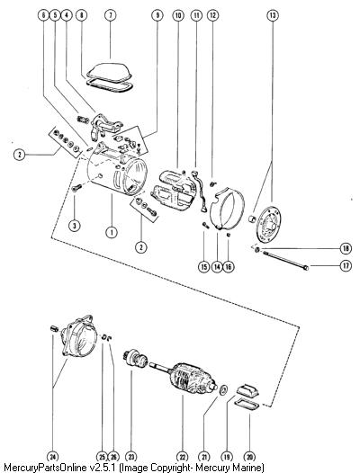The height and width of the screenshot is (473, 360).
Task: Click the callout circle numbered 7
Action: [x=110, y=14]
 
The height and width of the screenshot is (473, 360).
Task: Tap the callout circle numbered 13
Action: [x=273, y=14]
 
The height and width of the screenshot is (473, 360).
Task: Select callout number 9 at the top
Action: [x=157, y=14]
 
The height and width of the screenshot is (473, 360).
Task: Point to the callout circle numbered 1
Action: [x=112, y=232]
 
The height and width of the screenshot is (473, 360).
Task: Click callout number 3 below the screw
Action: [x=75, y=225]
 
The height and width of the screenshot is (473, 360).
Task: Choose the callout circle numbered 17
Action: [x=346, y=266]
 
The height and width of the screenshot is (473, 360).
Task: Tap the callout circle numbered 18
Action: [x=346, y=248]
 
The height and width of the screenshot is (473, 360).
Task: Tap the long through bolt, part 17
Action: [x=285, y=260]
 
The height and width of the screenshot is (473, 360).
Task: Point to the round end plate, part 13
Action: [x=268, y=225]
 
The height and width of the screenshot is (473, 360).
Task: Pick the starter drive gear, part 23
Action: [x=136, y=358]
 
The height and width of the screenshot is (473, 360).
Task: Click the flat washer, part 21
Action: [x=224, y=389]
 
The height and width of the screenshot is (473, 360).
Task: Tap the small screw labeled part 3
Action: [x=76, y=188]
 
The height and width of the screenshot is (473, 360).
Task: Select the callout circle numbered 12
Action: [x=213, y=14]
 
